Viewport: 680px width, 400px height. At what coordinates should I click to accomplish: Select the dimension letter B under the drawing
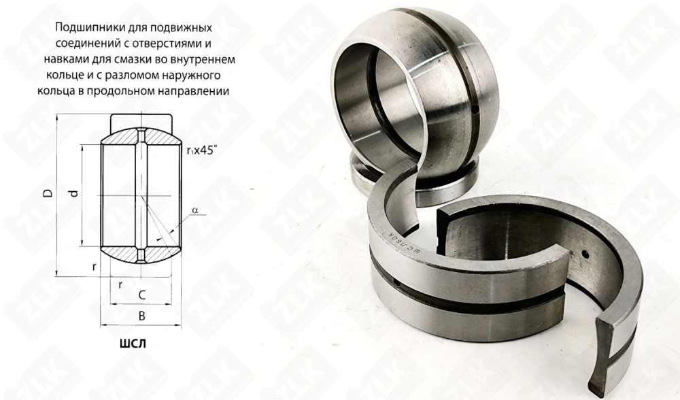pyautogui.click(x=141, y=316)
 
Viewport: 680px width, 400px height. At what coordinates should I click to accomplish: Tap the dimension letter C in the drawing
pyautogui.click(x=141, y=295)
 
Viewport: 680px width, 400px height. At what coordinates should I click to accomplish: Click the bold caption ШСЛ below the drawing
pyautogui.click(x=133, y=344)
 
